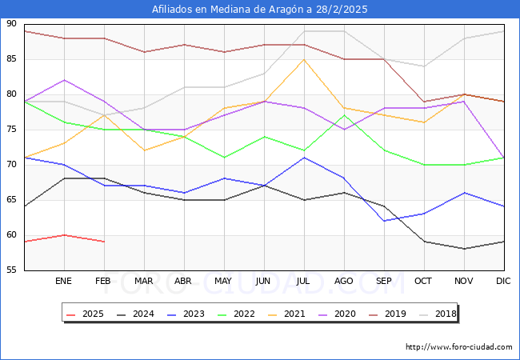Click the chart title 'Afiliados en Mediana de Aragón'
pos(260,10)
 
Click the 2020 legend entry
pos(335,314)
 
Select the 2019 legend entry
pos(385,314)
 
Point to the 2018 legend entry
pos(434,314)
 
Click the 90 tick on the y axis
pos(11,24)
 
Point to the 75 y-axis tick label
pos(11,130)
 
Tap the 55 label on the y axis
pos(11,270)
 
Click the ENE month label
pos(64,282)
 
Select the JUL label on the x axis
pos(304,282)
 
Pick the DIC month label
pos(504,282)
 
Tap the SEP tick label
pos(384,282)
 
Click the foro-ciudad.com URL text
pos(458,347)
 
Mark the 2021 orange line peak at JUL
pos(304,59)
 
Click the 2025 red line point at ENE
pos(64,235)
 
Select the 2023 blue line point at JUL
pos(304,158)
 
